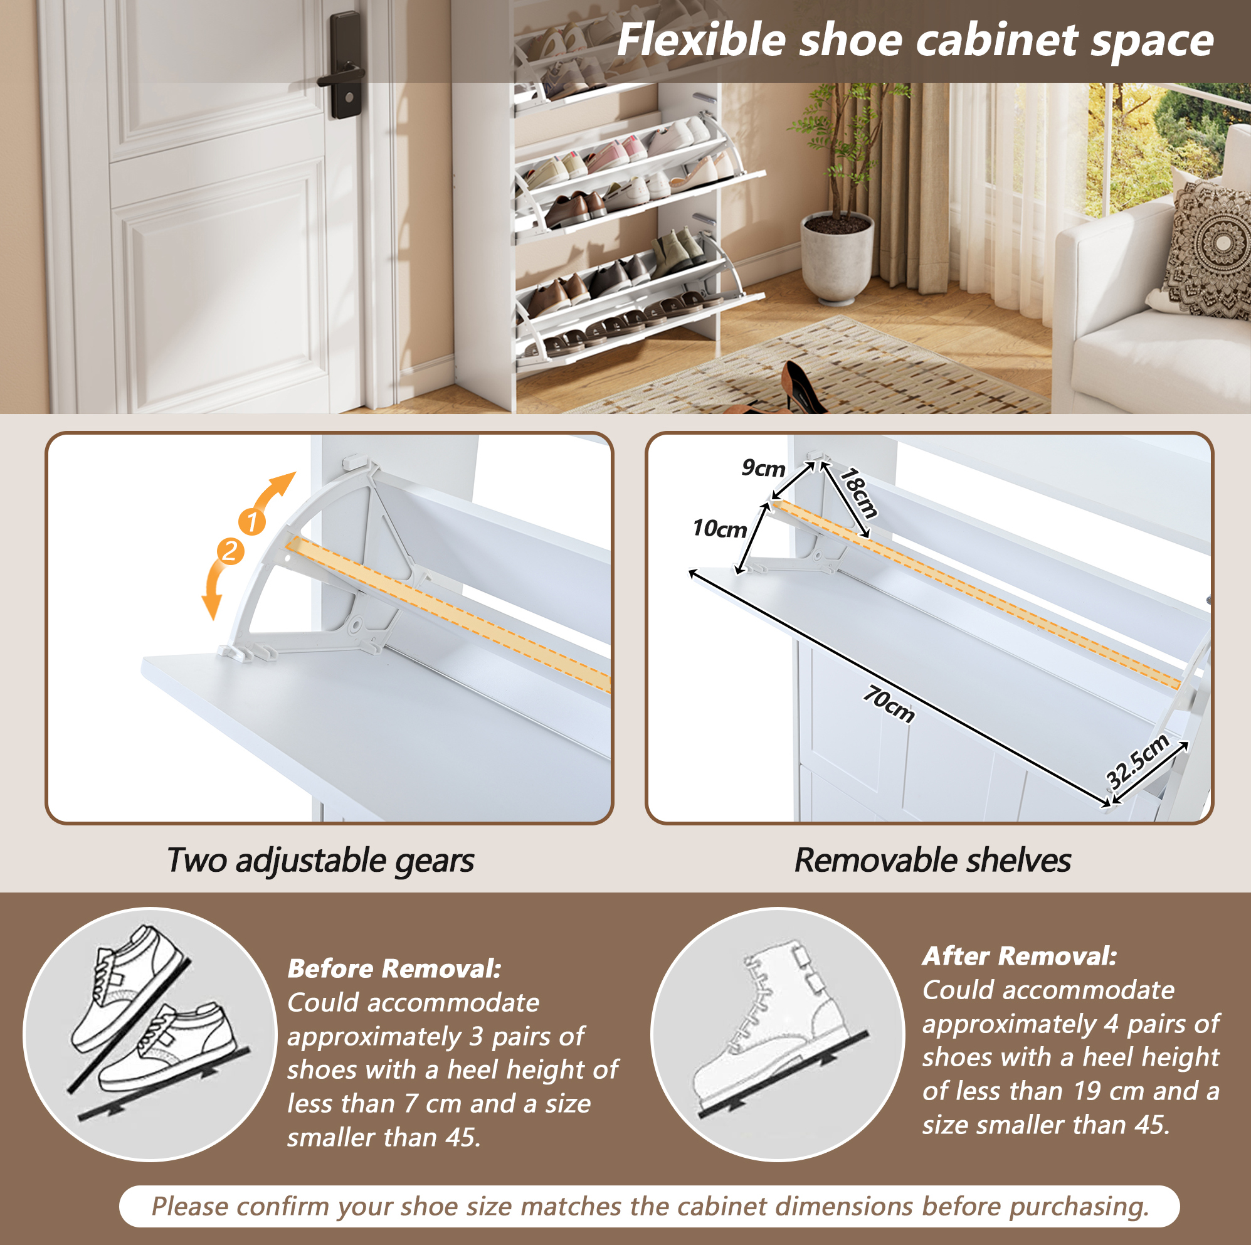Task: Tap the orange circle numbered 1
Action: pos(252,521)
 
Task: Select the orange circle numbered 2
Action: pos(230,551)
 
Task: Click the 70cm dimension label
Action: pos(889,704)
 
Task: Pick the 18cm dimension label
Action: pos(858,493)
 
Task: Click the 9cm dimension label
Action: pos(763,468)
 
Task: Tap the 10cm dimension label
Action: pos(719,529)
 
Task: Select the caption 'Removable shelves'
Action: pos(932,861)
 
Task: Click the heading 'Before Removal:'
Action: pos(394,968)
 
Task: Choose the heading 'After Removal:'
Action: pos(1020,955)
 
